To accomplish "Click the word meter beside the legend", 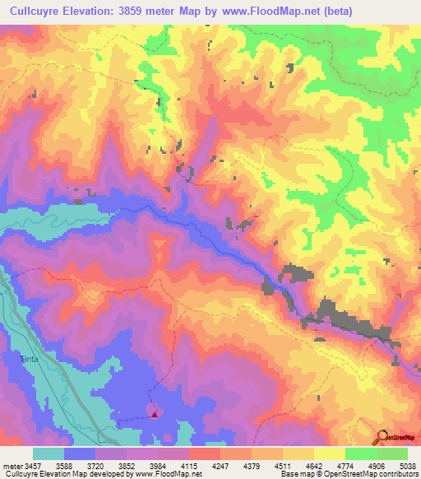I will [x=12, y=465].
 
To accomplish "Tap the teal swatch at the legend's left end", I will [x=49, y=453].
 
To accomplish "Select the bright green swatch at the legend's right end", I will [x=392, y=453].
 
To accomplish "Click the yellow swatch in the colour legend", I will [x=330, y=453].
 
